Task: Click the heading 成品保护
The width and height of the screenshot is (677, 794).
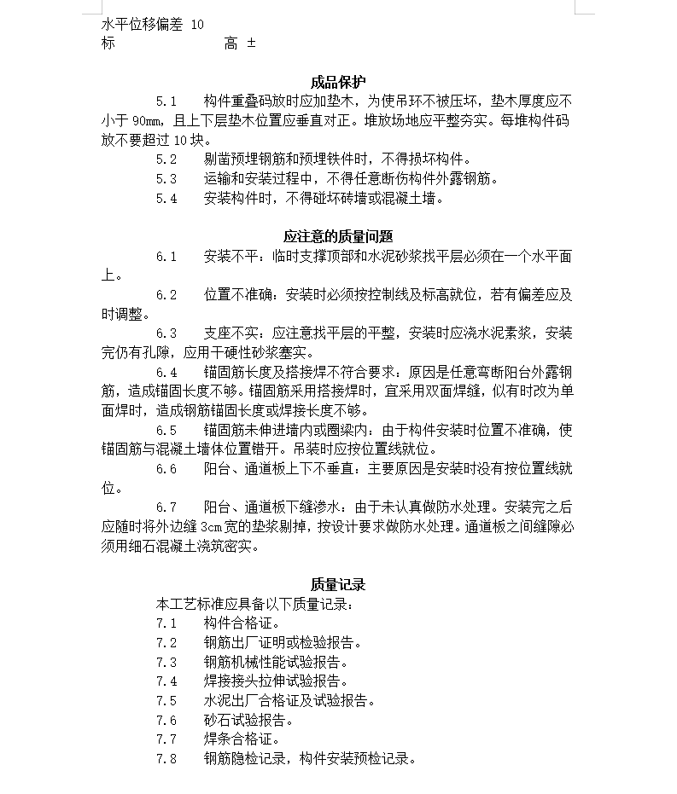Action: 338,83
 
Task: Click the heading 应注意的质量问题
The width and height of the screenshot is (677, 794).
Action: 338,236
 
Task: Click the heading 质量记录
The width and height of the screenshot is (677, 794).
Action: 338,584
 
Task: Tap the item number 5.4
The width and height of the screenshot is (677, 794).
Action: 166,199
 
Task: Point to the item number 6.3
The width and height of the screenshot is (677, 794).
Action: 166,333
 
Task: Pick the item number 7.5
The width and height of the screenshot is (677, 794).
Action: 166,700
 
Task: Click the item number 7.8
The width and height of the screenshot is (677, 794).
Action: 166,758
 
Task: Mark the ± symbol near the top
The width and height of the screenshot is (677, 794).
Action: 251,43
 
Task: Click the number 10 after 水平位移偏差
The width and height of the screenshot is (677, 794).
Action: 197,25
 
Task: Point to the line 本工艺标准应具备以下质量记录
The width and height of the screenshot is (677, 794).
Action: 254,604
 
